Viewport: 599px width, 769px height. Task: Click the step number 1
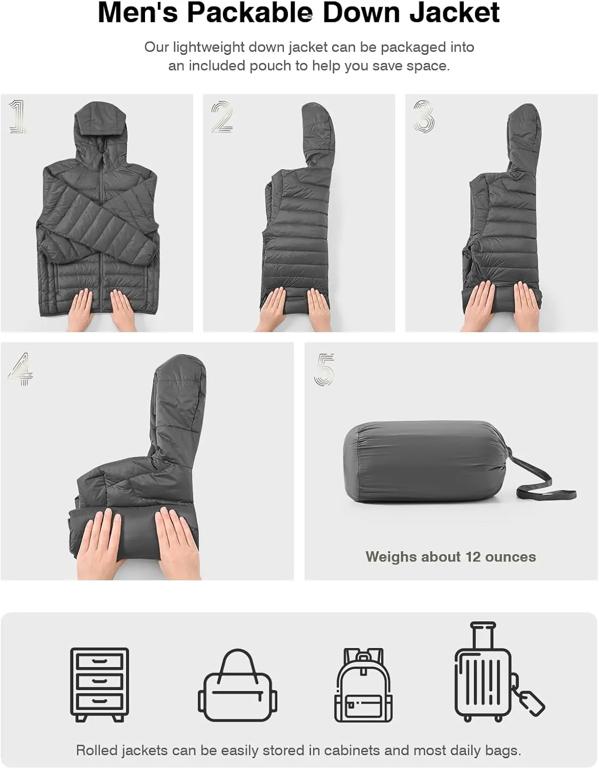pos(18,117)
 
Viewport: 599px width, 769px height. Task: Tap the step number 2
pos(222,117)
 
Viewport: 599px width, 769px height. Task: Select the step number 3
pos(424,116)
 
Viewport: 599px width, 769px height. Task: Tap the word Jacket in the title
pos(455,13)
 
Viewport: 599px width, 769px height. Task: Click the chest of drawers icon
pos(99,685)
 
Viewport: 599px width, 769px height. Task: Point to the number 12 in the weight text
pos(473,557)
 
